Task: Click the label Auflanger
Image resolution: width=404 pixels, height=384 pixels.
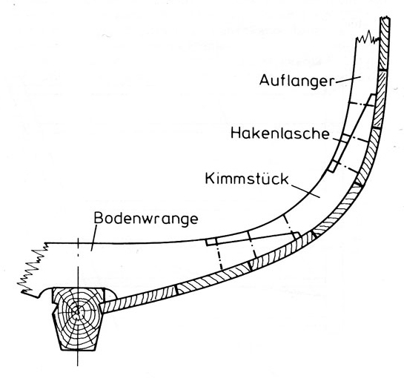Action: tap(297, 81)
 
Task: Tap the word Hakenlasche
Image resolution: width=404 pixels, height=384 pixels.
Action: tap(280, 133)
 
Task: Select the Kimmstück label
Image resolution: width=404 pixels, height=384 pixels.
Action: tap(247, 179)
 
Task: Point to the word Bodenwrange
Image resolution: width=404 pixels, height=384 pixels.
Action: tap(146, 219)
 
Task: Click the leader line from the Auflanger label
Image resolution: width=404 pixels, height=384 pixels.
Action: tap(348, 79)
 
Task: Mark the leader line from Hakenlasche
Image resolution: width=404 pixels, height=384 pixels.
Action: tap(339, 140)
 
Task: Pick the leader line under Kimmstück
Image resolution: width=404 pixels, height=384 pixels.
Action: tap(305, 191)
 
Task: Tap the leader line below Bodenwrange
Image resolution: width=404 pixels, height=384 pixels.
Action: tap(93, 237)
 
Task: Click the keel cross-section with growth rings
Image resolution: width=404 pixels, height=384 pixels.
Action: tap(78, 319)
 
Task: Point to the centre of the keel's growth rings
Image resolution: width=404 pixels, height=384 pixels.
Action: tap(77, 312)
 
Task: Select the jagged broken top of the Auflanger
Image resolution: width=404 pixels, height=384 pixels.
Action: tap(368, 37)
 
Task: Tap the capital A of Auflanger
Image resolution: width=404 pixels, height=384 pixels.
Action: tap(265, 80)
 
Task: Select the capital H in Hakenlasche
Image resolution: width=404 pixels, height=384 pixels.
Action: tap(236, 133)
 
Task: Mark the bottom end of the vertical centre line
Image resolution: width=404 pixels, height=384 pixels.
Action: tap(77, 365)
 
